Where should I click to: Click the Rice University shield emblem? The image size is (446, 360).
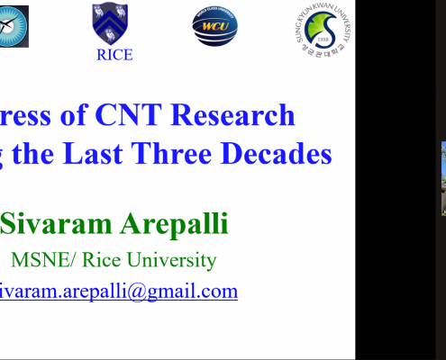109,22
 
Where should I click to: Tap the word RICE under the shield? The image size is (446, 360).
114,55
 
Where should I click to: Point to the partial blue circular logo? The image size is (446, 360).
13,24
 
